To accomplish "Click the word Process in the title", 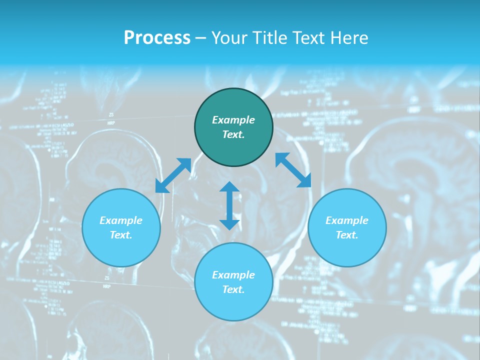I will tap(157, 38).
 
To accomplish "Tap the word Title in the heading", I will tap(270, 38).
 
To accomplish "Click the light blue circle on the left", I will tap(121, 250).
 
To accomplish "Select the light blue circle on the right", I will tap(347, 250).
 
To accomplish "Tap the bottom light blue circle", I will tap(233, 305).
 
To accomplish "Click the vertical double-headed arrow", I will tap(229, 205).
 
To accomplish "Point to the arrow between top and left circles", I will tap(173, 175).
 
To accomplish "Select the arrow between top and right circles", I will tap(293, 170).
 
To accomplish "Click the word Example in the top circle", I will tap(233, 120).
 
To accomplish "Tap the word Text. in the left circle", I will tap(121, 235).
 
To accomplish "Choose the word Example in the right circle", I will tap(347, 220).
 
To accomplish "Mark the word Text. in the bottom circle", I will tap(233, 289).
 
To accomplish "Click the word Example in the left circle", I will tap(121, 220).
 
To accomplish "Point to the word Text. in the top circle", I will tap(233, 134).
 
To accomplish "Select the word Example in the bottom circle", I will tap(233, 275).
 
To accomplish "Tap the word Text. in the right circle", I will tap(347, 235).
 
